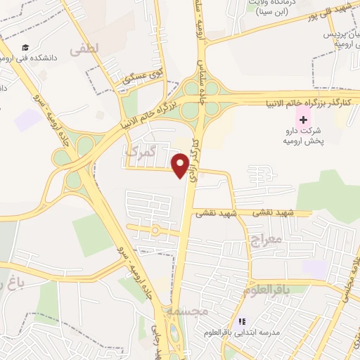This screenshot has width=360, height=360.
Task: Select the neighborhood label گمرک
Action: tap(136, 151)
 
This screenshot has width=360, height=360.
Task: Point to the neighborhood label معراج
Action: tap(264, 240)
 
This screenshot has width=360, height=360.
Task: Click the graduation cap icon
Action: tap(25, 48)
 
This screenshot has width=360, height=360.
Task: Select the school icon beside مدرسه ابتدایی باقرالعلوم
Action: tap(242, 321)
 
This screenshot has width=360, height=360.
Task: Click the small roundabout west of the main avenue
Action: tap(155, 230)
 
